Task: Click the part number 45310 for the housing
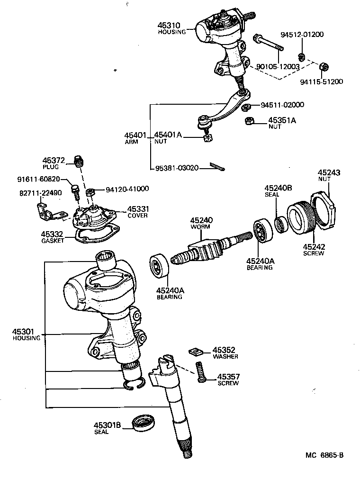pyautogui.click(x=169, y=25)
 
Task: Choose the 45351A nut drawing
pyautogui.click(x=249, y=121)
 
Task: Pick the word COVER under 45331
pyautogui.click(x=137, y=216)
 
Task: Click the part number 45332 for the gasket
pyautogui.click(x=52, y=234)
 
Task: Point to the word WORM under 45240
pyautogui.click(x=201, y=227)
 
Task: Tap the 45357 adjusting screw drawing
pyautogui.click(x=199, y=371)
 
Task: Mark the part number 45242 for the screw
pyautogui.click(x=314, y=246)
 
